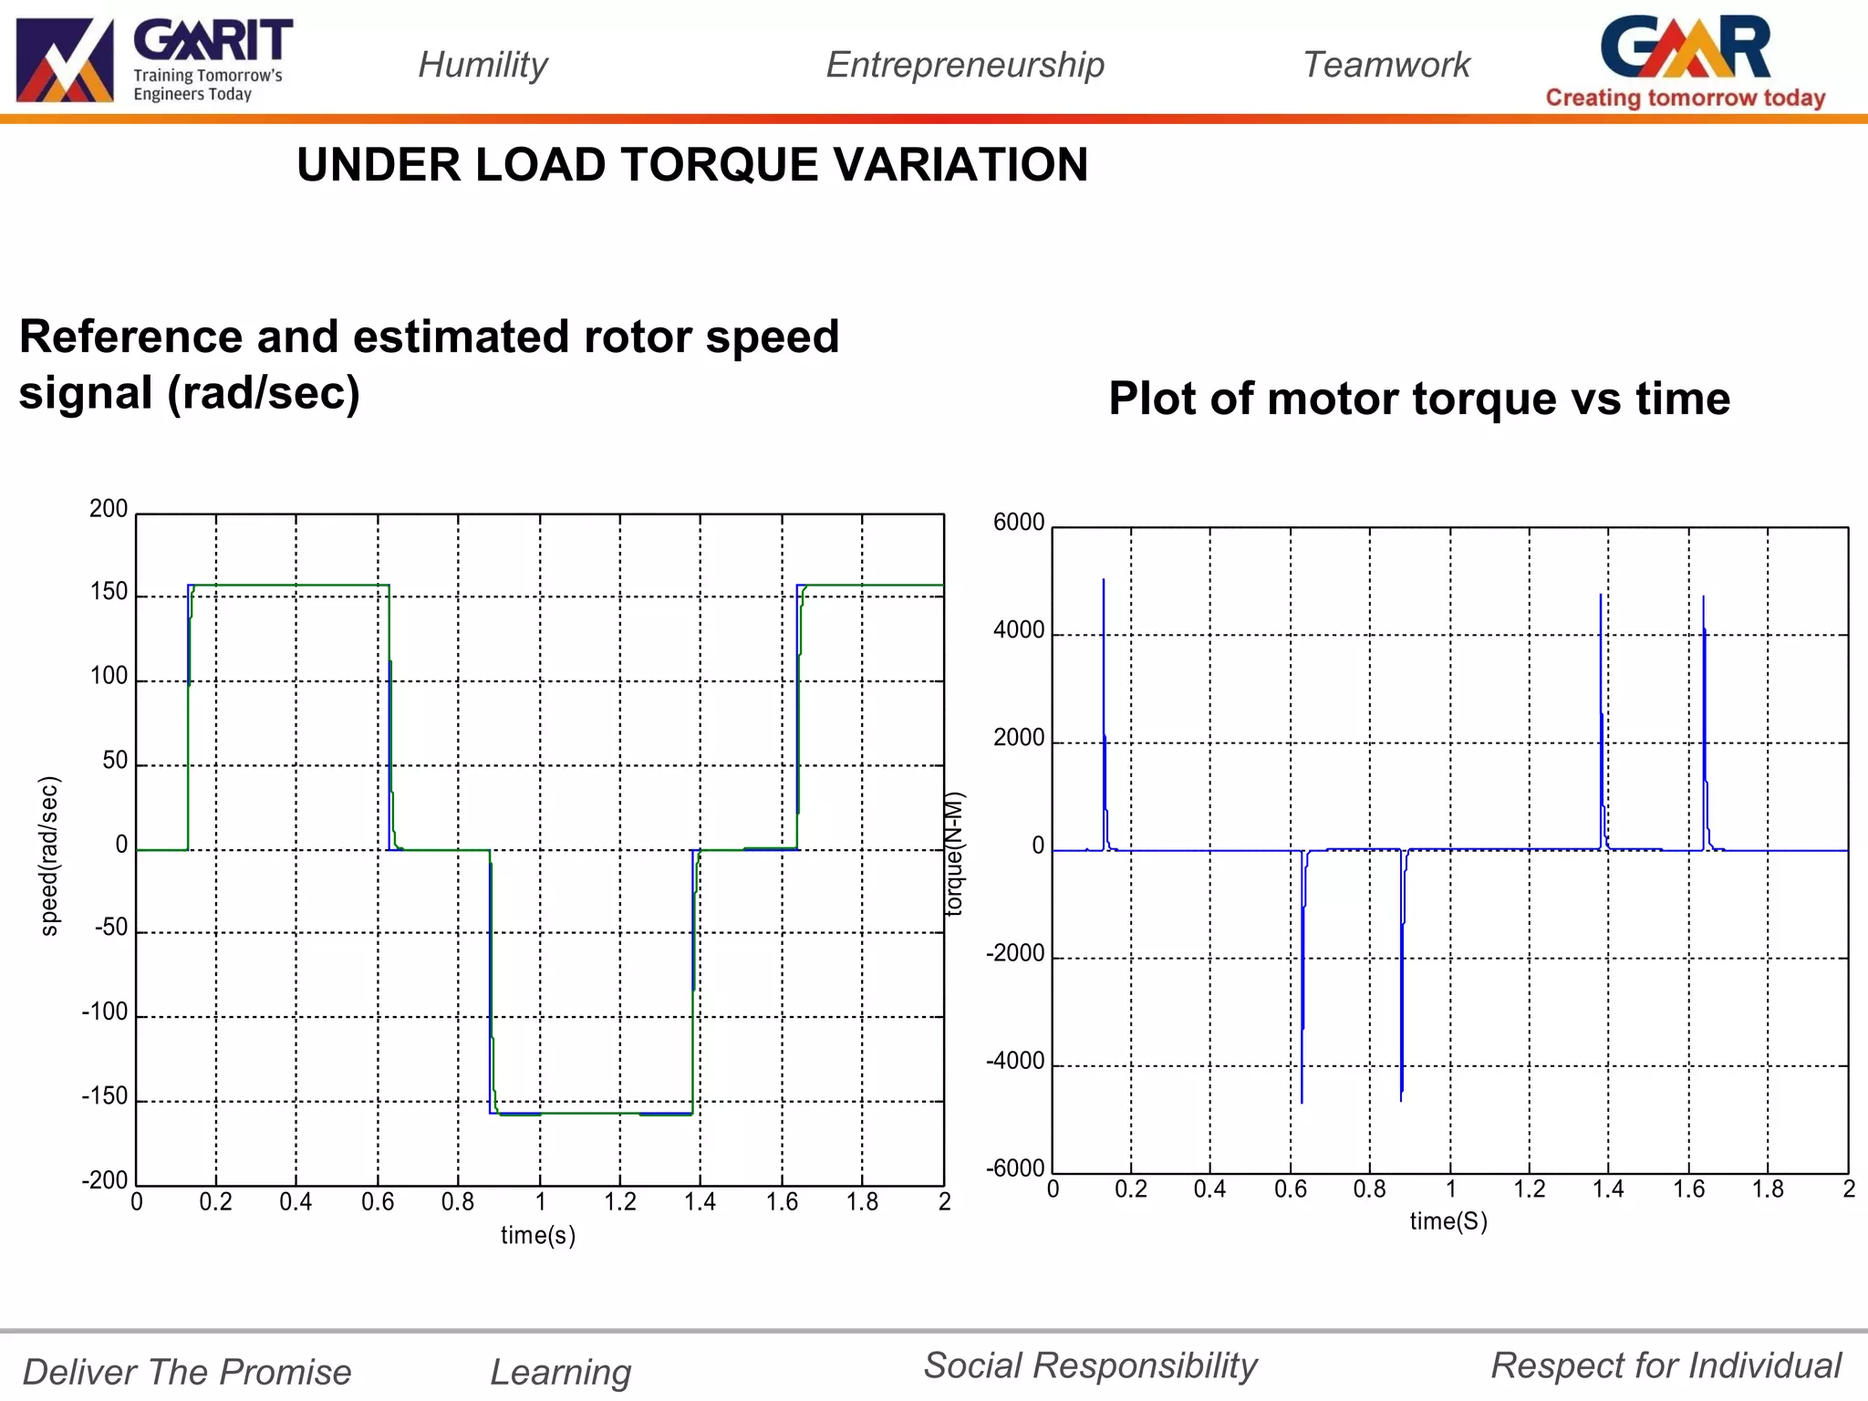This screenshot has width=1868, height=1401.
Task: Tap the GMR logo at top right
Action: tap(1685, 60)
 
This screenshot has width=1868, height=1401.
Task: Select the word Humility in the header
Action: tap(483, 65)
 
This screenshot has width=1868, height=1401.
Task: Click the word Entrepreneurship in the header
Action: tap(965, 65)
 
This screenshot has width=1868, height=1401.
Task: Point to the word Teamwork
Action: tap(1386, 65)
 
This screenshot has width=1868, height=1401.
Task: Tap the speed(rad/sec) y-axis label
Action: tap(49, 856)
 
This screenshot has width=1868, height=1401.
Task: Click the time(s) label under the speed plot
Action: tap(538, 1235)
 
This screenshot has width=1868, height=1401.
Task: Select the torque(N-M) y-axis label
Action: tap(954, 854)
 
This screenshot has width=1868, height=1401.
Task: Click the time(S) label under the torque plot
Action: tap(1448, 1221)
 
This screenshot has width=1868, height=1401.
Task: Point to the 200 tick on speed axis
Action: tap(109, 509)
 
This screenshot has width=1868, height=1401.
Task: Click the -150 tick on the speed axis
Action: tap(105, 1096)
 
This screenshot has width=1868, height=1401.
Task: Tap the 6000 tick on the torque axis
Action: tap(1019, 523)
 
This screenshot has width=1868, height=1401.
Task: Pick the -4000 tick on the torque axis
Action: tap(1015, 1061)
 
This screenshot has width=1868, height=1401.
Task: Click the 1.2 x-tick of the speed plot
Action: tap(620, 1202)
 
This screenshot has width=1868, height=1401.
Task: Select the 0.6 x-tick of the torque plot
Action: tap(1290, 1189)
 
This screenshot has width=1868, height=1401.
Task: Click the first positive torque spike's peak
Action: tap(1104, 581)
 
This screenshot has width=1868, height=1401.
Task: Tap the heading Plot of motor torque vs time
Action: tap(1419, 399)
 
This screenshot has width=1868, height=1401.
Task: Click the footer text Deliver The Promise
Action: tap(187, 1372)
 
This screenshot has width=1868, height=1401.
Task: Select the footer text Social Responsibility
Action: tap(1090, 1365)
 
